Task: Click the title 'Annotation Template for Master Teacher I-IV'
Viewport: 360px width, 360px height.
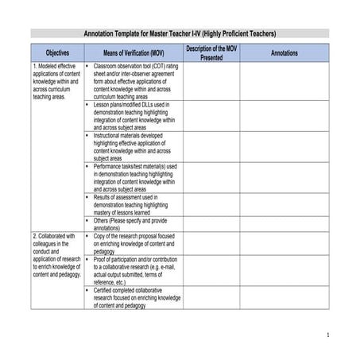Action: pos(180,34)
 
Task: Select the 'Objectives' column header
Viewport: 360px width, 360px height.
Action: pos(57,52)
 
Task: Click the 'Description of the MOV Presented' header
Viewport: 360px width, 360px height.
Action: pos(211,52)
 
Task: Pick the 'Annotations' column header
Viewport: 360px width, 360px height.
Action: pos(285,52)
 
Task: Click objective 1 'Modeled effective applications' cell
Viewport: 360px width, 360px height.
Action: pos(56,79)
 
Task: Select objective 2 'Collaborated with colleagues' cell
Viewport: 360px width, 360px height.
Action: pos(56,255)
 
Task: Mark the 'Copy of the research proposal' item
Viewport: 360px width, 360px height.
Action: pos(134,243)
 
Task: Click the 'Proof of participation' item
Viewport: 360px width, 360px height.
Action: pos(135,270)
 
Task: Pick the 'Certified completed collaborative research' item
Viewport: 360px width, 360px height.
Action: pos(135,297)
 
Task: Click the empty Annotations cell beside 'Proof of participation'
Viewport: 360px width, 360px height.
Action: pos(285,270)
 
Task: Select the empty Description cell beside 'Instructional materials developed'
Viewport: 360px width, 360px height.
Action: pos(211,146)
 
